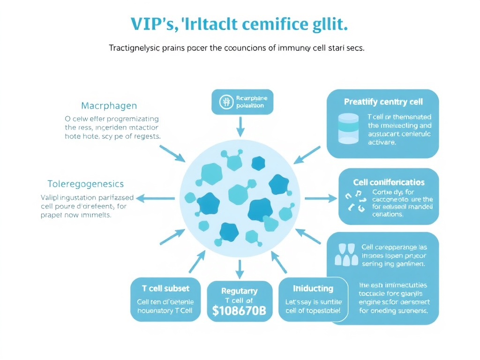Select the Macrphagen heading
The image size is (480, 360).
tap(109, 105)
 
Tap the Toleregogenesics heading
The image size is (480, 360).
tap(86, 184)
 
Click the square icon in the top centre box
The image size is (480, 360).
tap(226, 102)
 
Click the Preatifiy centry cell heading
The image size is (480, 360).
tap(383, 102)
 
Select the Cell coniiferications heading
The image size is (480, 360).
tap(389, 182)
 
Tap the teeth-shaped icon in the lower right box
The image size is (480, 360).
tap(345, 255)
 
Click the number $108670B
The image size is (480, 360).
tap(240, 311)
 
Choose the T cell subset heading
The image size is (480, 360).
tap(165, 288)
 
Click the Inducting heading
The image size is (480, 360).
tap(313, 288)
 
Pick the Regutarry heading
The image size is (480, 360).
tap(240, 291)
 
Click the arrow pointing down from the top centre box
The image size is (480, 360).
tap(240, 126)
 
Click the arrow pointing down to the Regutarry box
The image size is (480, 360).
tap(240, 268)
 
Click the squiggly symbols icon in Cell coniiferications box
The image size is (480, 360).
tap(355, 201)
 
